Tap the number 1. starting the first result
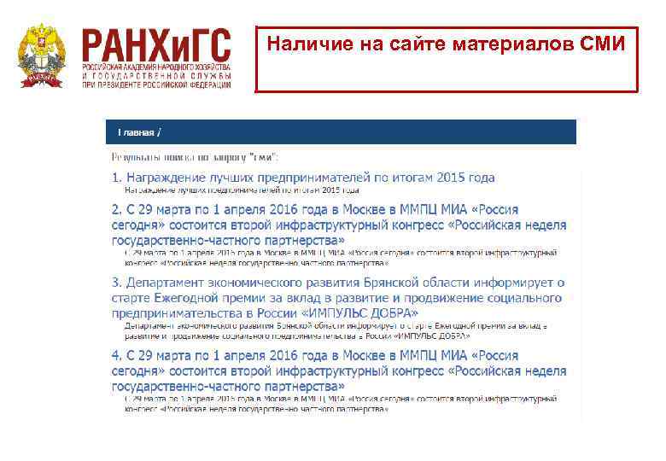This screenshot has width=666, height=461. [x=117, y=178]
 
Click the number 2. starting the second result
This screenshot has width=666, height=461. [x=117, y=209]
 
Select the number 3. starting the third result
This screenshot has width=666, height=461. [x=117, y=283]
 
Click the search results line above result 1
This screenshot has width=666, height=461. [x=196, y=157]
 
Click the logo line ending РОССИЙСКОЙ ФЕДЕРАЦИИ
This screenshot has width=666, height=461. [x=156, y=85]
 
